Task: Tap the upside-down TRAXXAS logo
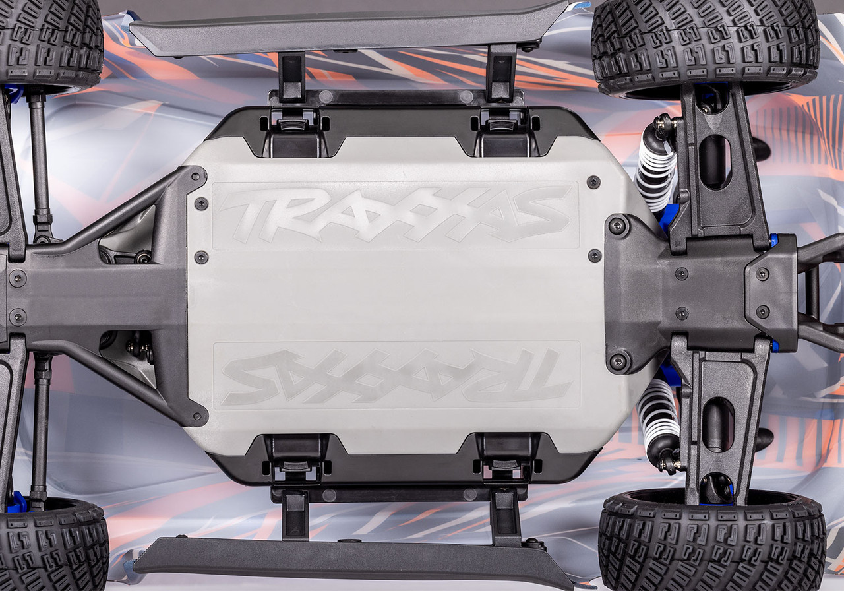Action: (396, 375)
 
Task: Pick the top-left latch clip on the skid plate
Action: (295, 125)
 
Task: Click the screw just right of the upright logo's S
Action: (593, 182)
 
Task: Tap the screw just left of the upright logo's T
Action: (200, 204)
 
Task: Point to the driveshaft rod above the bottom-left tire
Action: (41, 429)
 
